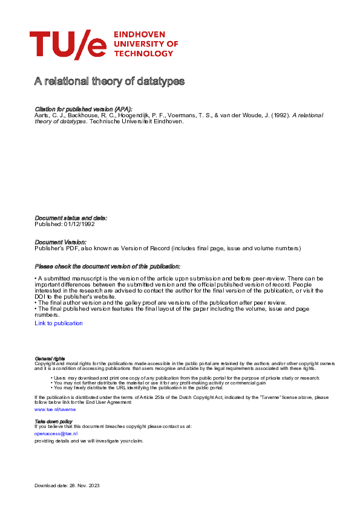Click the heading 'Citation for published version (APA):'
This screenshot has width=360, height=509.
click(x=83, y=108)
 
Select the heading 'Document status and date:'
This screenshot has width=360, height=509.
click(x=71, y=218)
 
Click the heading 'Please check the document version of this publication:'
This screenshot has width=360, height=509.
click(x=108, y=266)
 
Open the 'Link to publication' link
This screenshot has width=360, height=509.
click(x=59, y=323)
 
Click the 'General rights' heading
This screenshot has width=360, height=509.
click(x=50, y=358)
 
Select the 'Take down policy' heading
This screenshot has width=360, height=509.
click(x=53, y=421)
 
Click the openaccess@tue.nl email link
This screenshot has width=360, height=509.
click(x=56, y=433)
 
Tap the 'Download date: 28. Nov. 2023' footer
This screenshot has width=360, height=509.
click(x=68, y=485)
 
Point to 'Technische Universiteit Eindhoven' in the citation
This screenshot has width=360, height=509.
click(x=136, y=121)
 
